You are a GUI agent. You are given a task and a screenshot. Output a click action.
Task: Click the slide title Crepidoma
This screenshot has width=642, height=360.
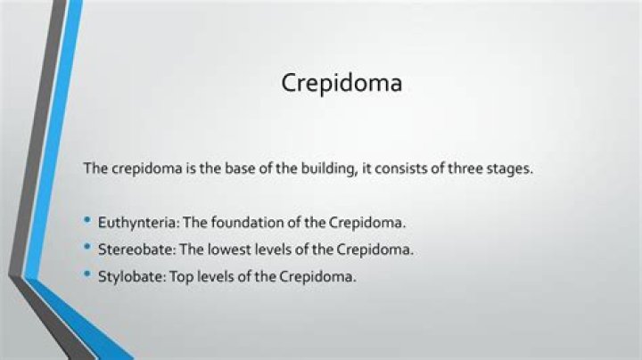click(342, 83)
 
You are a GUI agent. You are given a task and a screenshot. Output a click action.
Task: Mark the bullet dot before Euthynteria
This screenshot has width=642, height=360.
click(87, 219)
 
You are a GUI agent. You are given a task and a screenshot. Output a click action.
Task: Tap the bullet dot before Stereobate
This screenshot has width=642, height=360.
click(87, 247)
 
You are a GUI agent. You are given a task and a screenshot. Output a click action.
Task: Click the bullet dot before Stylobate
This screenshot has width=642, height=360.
click(87, 274)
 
